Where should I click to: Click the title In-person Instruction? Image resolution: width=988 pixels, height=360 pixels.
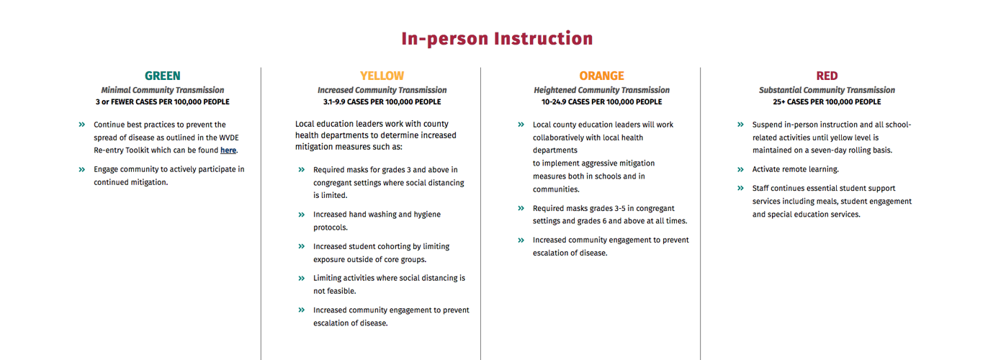[x=497, y=39]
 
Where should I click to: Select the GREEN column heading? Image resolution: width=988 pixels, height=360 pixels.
[x=162, y=76]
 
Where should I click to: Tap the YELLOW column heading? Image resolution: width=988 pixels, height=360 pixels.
[x=382, y=76]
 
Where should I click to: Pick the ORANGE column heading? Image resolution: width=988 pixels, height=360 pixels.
[x=601, y=76]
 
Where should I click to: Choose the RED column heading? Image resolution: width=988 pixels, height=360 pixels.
[x=827, y=76]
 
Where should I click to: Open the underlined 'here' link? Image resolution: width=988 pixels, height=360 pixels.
[x=228, y=150]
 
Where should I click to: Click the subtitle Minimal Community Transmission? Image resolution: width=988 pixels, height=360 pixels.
[x=162, y=90]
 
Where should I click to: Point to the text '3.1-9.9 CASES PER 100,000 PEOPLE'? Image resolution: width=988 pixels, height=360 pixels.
[x=382, y=102]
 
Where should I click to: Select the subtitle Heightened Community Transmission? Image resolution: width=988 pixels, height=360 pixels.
[x=601, y=90]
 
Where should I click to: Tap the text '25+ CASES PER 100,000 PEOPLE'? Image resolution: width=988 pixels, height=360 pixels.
[x=827, y=102]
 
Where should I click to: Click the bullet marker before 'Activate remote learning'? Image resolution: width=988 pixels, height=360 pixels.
[x=740, y=169]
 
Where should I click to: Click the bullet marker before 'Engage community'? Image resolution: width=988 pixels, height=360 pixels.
[x=81, y=169]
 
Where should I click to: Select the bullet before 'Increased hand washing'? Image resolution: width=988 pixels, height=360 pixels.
[x=302, y=215]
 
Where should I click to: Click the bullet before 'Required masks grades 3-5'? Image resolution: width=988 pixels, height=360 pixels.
[x=521, y=208]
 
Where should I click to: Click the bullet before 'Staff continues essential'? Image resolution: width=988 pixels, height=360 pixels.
[x=740, y=189]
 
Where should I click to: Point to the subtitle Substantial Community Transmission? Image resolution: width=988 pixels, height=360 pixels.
[x=827, y=90]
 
